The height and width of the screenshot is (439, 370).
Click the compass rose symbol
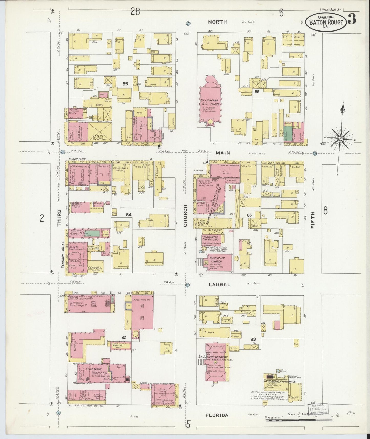[x=340, y=138]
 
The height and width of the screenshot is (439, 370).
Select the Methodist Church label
[x=216, y=260]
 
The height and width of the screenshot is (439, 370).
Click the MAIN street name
[x=223, y=153]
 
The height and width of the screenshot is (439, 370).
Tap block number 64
[x=129, y=215]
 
